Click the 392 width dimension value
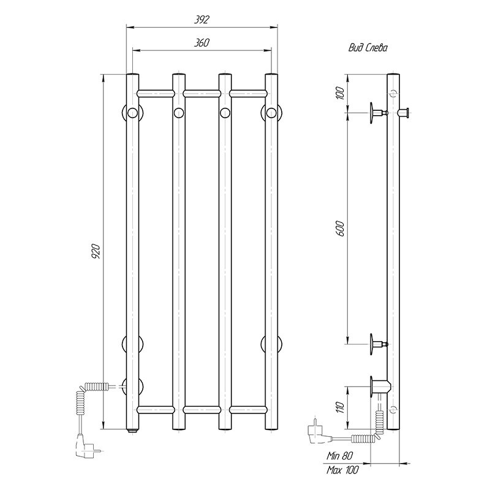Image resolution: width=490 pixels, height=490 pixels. (202, 20)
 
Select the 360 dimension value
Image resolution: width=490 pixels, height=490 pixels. (202, 42)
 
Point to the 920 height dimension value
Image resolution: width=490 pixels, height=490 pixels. (96, 251)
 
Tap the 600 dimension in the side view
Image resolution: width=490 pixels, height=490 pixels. (341, 228)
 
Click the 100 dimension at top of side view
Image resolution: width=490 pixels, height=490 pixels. (340, 93)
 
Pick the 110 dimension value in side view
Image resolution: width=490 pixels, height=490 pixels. (341, 407)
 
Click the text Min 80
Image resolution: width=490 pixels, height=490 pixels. (340, 456)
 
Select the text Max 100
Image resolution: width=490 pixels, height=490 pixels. (343, 470)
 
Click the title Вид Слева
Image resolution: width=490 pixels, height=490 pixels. (368, 48)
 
